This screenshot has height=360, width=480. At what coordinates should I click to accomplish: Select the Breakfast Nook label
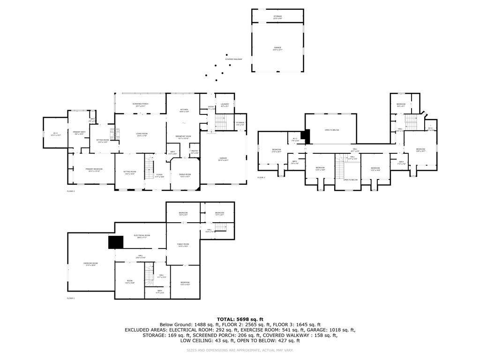tap(182, 137)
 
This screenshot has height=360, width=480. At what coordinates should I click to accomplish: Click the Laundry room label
tap(225, 105)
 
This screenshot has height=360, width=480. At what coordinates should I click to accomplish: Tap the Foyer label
tap(159, 175)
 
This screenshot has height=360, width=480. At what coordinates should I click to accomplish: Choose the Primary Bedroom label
tap(94, 170)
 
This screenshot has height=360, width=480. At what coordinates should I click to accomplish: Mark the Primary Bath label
tap(79, 133)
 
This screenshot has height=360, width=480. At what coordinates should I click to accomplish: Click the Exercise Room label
tap(90, 264)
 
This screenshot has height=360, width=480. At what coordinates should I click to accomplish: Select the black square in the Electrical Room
tap(115, 242)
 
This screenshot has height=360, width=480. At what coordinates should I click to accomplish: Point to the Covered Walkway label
tap(233, 59)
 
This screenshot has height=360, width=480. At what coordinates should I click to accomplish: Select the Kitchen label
tap(184, 110)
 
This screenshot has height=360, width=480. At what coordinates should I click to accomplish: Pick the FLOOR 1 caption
tap(71, 298)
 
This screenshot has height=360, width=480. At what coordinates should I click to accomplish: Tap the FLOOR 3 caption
tap(261, 178)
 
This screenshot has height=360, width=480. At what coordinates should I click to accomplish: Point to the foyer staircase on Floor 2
tap(150, 169)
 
